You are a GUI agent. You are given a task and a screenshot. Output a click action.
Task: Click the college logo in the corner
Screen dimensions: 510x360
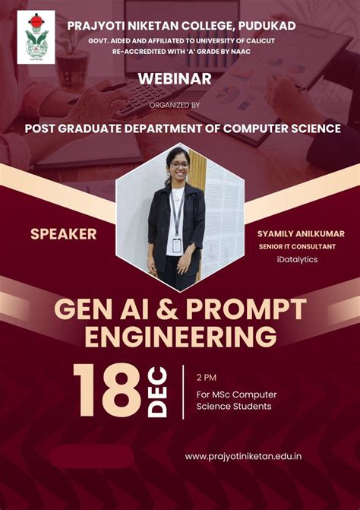[x=36, y=36]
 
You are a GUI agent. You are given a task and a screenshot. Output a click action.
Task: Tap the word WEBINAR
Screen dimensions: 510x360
[x=175, y=78]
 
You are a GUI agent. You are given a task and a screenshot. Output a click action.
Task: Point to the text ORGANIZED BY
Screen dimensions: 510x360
[x=175, y=105]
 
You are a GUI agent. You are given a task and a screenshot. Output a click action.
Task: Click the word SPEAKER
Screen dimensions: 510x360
[x=63, y=234]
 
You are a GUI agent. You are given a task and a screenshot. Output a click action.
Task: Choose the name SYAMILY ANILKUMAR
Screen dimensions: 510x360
[x=301, y=233]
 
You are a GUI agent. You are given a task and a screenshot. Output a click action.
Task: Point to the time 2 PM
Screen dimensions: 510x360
[x=207, y=377]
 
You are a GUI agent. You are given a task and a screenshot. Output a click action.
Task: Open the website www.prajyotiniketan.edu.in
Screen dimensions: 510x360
[x=243, y=456]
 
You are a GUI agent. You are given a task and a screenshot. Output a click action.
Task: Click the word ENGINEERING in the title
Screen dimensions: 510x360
[x=180, y=335]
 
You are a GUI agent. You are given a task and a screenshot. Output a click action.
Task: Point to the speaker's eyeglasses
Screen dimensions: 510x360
[x=178, y=165]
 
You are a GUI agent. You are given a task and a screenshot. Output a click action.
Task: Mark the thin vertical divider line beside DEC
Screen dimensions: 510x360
[x=183, y=391]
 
